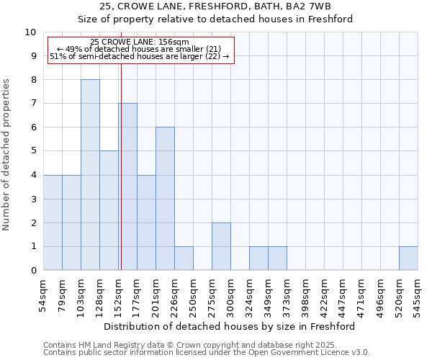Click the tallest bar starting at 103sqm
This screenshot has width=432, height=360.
pos(90,175)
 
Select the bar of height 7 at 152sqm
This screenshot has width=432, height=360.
pos(128,187)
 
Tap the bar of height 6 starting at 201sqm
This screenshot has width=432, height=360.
pos(165,199)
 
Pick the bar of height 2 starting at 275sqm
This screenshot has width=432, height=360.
pos(221,246)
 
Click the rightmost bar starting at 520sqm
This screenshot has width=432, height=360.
pos(408,258)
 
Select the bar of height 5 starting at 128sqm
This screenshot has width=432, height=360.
pos(109,210)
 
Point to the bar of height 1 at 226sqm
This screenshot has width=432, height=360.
pos(184,258)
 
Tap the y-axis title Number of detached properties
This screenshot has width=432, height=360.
pos(7,155)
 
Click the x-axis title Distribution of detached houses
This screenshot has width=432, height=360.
pos(230,327)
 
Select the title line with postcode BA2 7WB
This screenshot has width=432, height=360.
pos(215,6)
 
